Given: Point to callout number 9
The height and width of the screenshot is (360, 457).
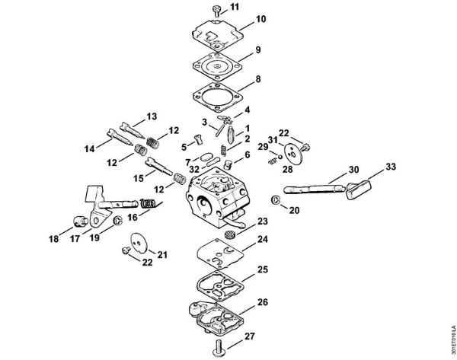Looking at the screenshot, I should (x=258, y=49).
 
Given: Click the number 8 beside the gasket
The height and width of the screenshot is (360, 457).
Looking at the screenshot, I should (x=258, y=78).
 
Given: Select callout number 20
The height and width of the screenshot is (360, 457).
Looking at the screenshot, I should (x=295, y=209).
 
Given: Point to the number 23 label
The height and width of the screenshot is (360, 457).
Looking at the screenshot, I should (x=263, y=221).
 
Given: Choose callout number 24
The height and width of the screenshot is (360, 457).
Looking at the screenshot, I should (x=262, y=240).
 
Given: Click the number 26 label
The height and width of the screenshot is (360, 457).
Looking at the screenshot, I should (x=263, y=302).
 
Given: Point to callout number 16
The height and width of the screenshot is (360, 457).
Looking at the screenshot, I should (x=133, y=216).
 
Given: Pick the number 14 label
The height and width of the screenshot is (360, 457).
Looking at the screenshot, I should (x=90, y=148).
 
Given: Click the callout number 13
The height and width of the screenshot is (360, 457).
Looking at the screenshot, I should (x=151, y=116).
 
